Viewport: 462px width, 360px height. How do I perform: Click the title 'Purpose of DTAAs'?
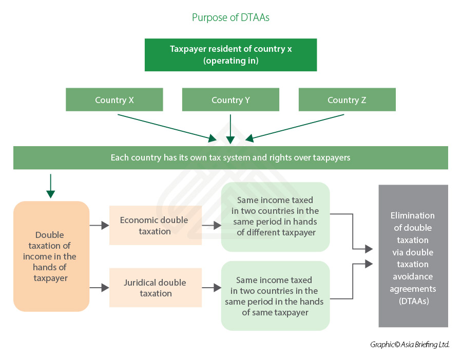[230, 17]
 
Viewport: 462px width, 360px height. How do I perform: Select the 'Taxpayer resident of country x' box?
[230, 55]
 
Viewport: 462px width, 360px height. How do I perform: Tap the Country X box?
[114, 99]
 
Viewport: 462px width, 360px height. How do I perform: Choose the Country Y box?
[230, 99]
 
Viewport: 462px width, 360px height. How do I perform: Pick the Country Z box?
[347, 99]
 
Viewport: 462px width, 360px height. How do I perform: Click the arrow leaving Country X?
[167, 128]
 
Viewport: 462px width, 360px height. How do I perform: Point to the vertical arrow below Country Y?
[230, 129]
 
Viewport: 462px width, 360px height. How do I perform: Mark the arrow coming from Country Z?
[295, 128]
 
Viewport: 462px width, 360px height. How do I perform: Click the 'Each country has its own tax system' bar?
[230, 158]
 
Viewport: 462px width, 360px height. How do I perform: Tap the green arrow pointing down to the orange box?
[51, 186]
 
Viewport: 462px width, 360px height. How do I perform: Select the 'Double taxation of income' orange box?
[51, 256]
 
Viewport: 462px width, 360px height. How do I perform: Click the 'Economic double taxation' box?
[156, 226]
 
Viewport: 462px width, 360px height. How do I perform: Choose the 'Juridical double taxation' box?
[156, 288]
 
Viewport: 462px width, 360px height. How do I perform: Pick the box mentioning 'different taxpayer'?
[276, 217]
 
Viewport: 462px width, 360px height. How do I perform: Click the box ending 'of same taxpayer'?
[276, 296]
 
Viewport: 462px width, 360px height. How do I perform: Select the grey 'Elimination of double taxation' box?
[413, 256]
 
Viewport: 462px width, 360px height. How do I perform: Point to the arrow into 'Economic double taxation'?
[99, 226]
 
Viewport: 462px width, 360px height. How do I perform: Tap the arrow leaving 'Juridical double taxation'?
[211, 288]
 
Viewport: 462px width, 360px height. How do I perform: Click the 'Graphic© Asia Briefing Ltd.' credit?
[410, 345]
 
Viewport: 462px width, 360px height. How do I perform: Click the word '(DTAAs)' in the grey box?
[414, 301]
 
